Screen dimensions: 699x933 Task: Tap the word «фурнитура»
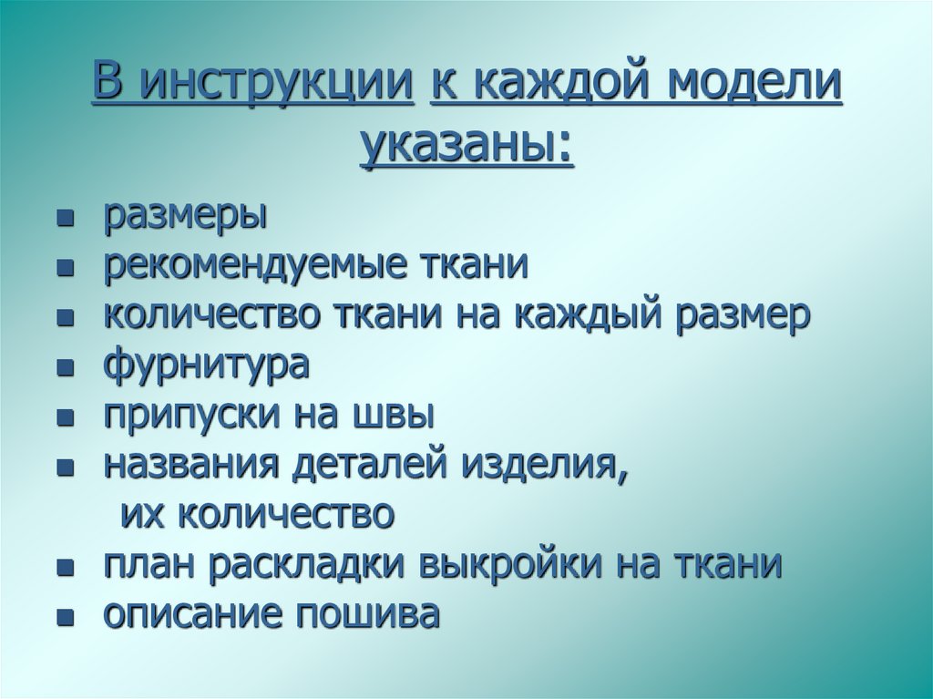click(x=206, y=366)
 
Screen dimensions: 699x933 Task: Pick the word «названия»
click(x=190, y=466)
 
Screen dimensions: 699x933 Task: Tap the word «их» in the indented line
click(x=138, y=516)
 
